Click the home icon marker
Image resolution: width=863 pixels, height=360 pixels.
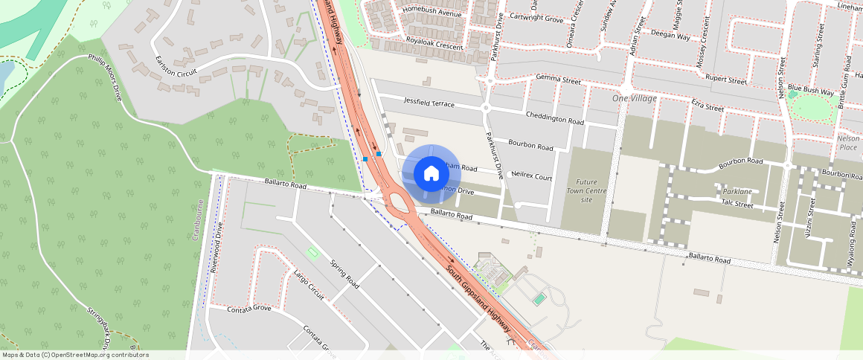point(431,174)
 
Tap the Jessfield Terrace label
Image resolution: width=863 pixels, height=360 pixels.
point(429,102)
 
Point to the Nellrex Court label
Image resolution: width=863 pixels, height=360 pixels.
point(533,178)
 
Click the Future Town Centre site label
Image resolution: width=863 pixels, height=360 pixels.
point(586,191)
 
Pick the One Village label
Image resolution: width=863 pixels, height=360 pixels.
point(635,98)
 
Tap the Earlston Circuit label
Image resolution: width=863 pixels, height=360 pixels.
point(176,73)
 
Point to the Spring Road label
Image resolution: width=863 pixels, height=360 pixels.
point(344,274)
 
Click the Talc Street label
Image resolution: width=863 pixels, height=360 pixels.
point(737,203)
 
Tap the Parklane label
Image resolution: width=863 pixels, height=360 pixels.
point(737,191)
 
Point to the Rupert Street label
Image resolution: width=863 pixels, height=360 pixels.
point(725,80)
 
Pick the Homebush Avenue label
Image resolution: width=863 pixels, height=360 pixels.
point(431,13)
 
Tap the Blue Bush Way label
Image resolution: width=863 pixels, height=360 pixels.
point(811,91)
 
